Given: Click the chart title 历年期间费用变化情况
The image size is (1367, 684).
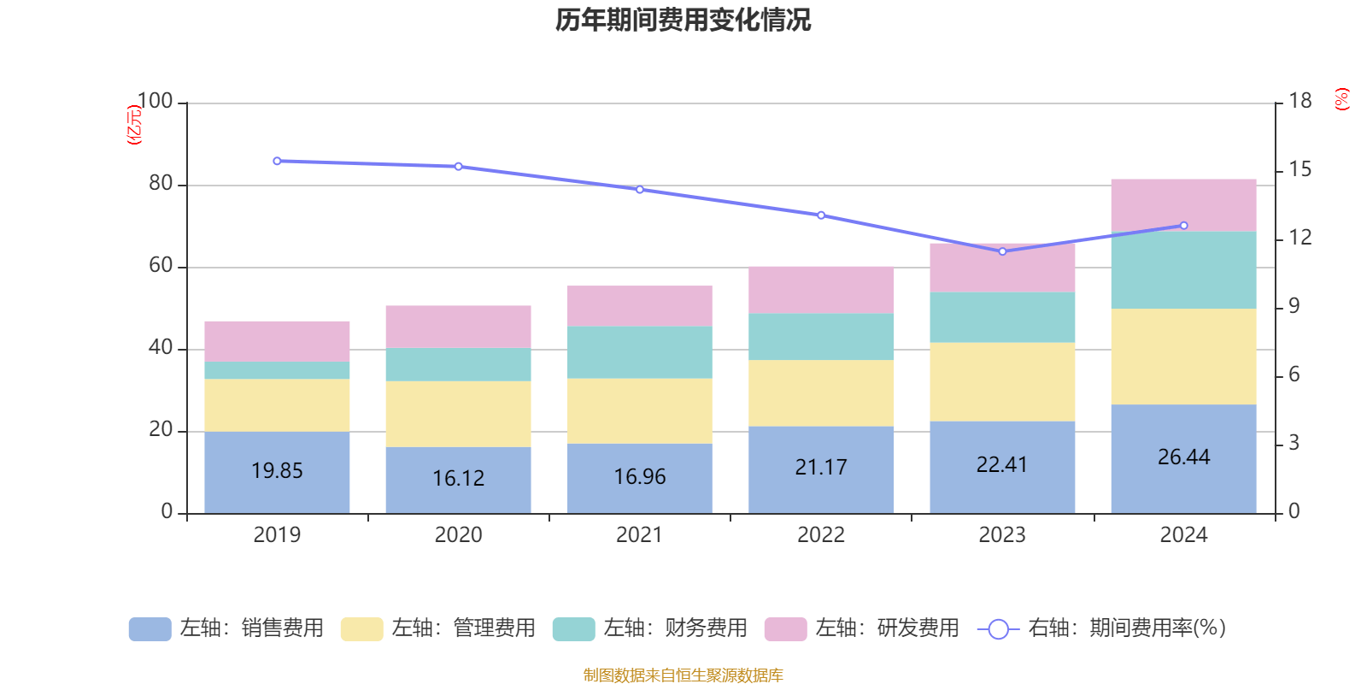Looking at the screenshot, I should (683, 20).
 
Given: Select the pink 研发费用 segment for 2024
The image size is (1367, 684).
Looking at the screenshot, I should (1183, 204).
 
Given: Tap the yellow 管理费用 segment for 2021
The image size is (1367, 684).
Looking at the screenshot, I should (639, 410).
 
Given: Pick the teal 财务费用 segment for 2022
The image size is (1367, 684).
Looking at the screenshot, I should (821, 336).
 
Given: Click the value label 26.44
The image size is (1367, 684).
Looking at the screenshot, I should (1183, 457).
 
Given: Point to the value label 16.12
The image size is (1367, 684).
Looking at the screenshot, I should (458, 478).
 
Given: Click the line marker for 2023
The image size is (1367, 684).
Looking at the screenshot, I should (1002, 251).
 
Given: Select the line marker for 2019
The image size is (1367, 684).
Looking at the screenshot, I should (277, 161).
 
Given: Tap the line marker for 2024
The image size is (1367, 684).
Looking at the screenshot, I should (1183, 226).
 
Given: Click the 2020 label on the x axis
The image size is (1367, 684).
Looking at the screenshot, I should (458, 535).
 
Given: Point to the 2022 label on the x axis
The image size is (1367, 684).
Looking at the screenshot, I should (821, 535).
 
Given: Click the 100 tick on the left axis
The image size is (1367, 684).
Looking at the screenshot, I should (155, 102).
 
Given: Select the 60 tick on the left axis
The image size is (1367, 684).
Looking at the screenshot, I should (161, 266).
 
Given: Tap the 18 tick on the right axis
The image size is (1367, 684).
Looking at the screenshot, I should (1300, 102).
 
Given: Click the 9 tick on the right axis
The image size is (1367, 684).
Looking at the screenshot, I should (1294, 307).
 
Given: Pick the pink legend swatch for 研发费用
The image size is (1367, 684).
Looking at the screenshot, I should (785, 629).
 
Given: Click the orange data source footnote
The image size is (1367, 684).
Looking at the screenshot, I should (683, 675).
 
